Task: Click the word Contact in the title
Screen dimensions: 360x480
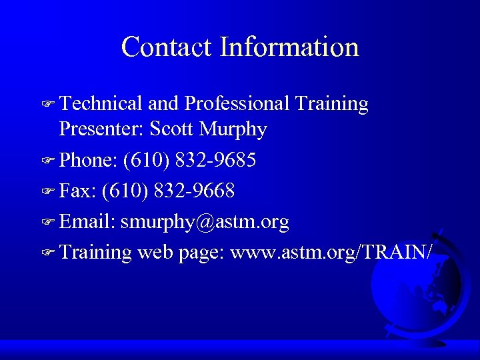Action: (167, 47)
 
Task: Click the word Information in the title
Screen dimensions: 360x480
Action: (289, 47)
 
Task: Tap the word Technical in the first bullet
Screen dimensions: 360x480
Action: (101, 103)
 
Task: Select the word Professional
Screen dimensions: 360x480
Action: (237, 103)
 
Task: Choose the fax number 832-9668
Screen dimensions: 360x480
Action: (194, 191)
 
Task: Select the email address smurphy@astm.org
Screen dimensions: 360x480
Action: (205, 222)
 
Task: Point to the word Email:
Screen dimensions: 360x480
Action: (87, 222)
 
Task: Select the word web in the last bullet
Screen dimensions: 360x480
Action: (156, 253)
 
